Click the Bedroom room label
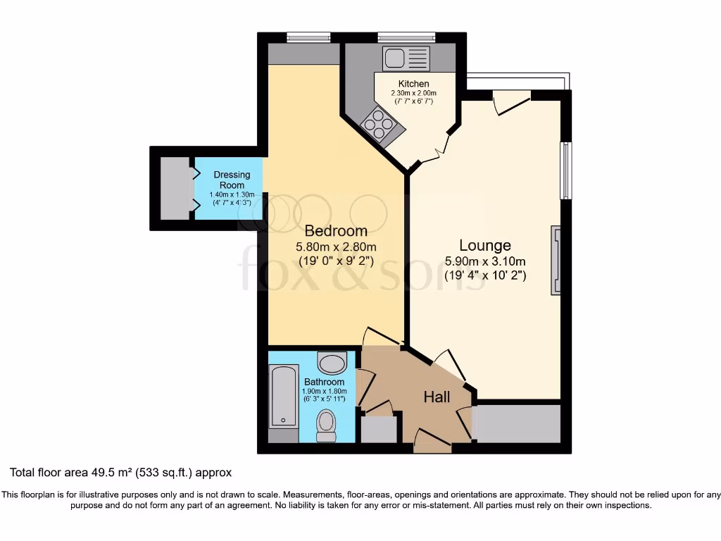(335, 231)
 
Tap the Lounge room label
(484, 246)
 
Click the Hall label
(437, 397)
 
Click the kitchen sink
(406, 57)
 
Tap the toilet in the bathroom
(325, 425)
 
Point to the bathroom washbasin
(332, 363)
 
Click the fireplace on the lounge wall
(556, 260)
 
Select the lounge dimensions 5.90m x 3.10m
(485, 261)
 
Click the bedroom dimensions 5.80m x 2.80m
(335, 247)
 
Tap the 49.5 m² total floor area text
(120, 472)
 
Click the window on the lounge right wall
(565, 170)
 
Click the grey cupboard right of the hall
(517, 423)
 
